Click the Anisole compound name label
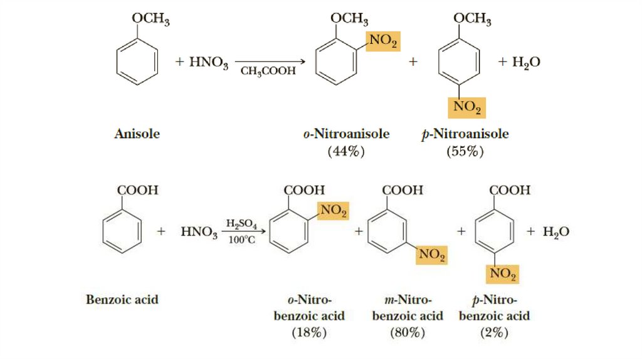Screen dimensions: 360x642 137,134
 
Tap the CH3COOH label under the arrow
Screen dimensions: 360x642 268,71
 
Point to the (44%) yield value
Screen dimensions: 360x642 346,151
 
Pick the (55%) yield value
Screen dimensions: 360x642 465,151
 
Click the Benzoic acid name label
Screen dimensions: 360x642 122,299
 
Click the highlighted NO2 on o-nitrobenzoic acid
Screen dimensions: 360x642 334,212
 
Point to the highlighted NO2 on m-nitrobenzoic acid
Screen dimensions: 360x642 432,255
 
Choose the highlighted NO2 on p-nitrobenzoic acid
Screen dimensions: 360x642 503,273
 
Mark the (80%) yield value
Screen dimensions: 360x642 408,333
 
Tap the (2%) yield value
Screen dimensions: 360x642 494,333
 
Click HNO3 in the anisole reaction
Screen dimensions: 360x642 201,63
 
